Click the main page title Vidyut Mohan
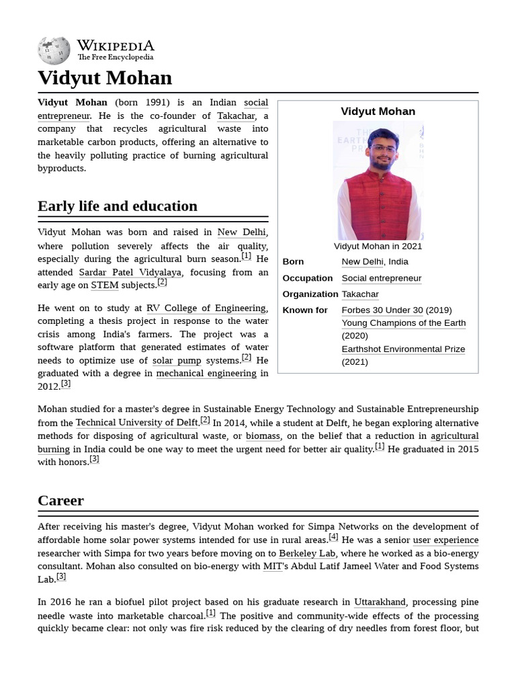point(105,78)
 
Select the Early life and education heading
point(118,206)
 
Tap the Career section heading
point(60,501)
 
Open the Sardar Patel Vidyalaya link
point(130,272)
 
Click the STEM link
point(104,286)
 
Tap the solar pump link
point(177,361)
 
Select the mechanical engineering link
point(206,374)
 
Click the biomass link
point(263,436)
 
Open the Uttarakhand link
point(380,602)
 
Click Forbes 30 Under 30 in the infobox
point(382,310)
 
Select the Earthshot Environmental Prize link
point(403,349)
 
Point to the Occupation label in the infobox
point(307,278)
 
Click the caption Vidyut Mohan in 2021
point(378,246)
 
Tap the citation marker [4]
point(333,537)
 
